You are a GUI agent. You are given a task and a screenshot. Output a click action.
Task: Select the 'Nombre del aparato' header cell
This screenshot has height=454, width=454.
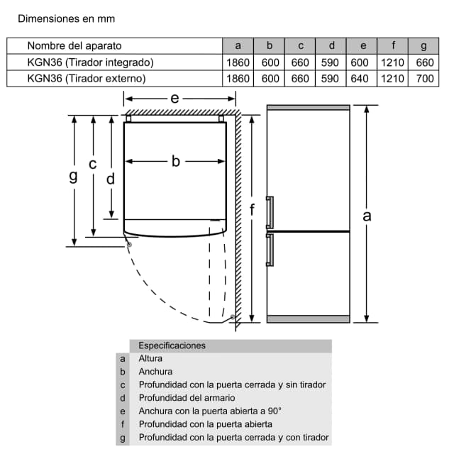[x=74, y=45]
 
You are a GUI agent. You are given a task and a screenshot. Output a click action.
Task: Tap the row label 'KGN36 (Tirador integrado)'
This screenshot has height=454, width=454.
[x=90, y=62]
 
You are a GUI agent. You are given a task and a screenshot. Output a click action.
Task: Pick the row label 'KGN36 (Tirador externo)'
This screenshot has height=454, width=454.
[x=87, y=78]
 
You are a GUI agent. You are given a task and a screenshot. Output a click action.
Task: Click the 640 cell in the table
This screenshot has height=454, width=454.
[x=360, y=78]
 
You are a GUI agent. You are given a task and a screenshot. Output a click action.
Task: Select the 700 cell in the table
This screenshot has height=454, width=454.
[x=424, y=78]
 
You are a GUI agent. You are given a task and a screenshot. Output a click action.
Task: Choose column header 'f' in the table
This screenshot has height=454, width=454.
[x=392, y=45]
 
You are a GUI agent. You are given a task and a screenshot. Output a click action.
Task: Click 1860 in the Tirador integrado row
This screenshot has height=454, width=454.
[x=238, y=62]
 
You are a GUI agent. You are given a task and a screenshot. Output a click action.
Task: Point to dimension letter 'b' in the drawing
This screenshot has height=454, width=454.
[x=175, y=162]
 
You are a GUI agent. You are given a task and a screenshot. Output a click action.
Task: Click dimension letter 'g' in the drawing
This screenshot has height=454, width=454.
[x=72, y=176]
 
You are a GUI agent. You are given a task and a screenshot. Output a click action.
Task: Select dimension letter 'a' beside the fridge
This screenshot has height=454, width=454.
[x=367, y=214]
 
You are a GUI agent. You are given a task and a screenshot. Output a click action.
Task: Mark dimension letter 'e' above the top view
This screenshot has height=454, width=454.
[x=175, y=99]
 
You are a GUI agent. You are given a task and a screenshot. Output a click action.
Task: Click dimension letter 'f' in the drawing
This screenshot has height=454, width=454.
[x=252, y=209]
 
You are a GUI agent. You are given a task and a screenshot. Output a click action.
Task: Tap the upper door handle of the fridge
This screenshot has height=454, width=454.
[x=269, y=212]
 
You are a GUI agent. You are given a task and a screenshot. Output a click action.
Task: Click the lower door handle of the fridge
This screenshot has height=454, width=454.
[x=269, y=249]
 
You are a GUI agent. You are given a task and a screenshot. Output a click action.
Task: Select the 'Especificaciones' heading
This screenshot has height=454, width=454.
[x=172, y=345]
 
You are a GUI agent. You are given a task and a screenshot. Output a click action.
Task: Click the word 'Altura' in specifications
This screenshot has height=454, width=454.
[x=150, y=358]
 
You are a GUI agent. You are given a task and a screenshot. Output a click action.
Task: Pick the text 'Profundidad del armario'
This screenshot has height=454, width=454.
[x=187, y=397]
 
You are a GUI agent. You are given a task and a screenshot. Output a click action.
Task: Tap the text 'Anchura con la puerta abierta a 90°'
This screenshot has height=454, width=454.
[x=210, y=411]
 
